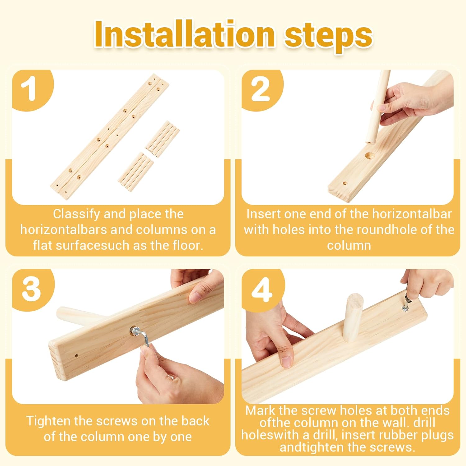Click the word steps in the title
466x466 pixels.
point(329,37)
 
